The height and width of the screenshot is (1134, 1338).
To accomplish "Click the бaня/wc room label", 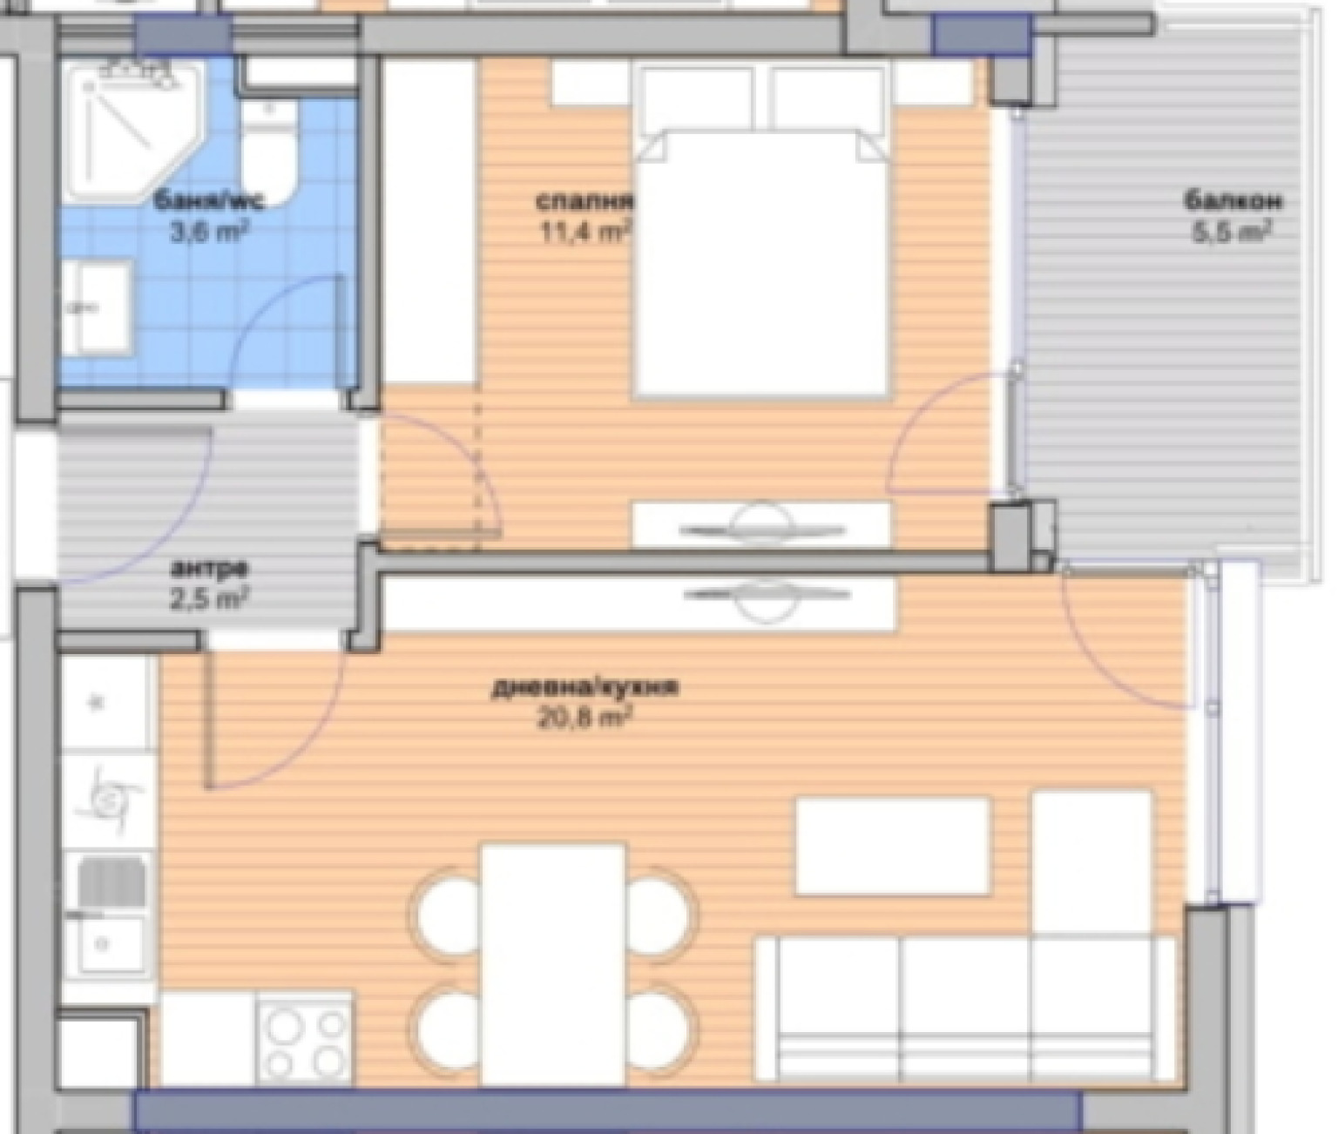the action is [208, 201].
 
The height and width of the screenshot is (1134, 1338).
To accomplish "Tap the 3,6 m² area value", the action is [209, 232].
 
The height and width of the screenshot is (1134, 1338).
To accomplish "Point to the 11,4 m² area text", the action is [585, 232].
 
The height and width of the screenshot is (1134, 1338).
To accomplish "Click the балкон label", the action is [1233, 201].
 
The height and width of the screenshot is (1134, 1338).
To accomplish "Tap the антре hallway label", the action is [209, 570].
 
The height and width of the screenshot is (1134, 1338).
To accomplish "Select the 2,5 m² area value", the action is [209, 599].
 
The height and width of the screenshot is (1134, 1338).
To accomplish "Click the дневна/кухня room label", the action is [585, 687].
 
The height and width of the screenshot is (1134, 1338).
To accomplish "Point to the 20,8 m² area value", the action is [585, 717].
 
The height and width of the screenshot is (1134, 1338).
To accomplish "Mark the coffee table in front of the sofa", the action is [893, 847].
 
